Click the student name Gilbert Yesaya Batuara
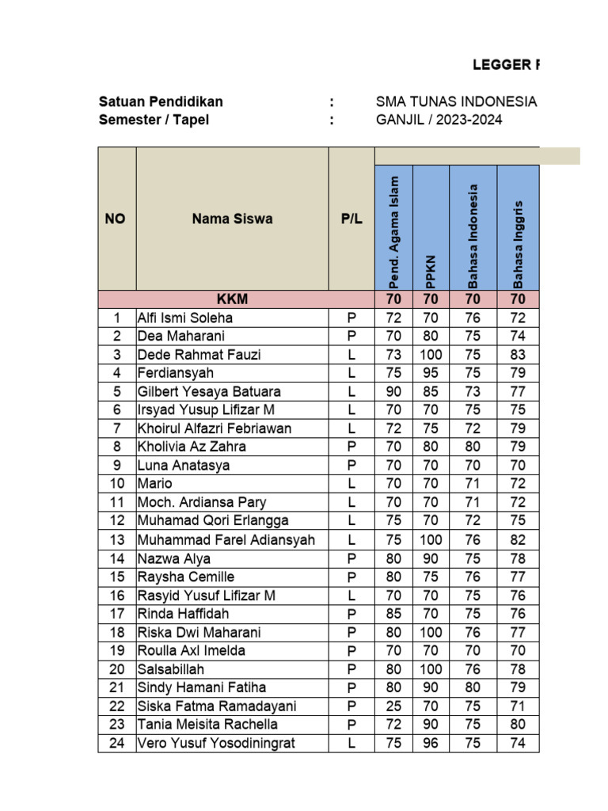click(x=209, y=391)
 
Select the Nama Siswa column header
click(x=232, y=219)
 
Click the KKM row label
click(x=233, y=299)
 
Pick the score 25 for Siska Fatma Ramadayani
click(x=393, y=706)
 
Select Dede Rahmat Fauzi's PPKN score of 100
click(x=431, y=355)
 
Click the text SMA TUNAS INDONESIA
click(x=457, y=102)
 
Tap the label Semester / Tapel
click(x=154, y=120)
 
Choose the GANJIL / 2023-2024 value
click(x=439, y=120)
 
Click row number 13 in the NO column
click(x=117, y=540)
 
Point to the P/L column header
click(x=351, y=219)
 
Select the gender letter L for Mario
click(x=351, y=484)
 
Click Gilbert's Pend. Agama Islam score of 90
click(x=393, y=391)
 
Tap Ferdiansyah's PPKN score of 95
click(x=431, y=373)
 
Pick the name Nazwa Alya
click(x=174, y=558)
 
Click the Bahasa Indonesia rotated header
click(x=473, y=236)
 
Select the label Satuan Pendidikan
click(x=161, y=102)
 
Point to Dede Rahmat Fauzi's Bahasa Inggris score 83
click(x=519, y=355)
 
